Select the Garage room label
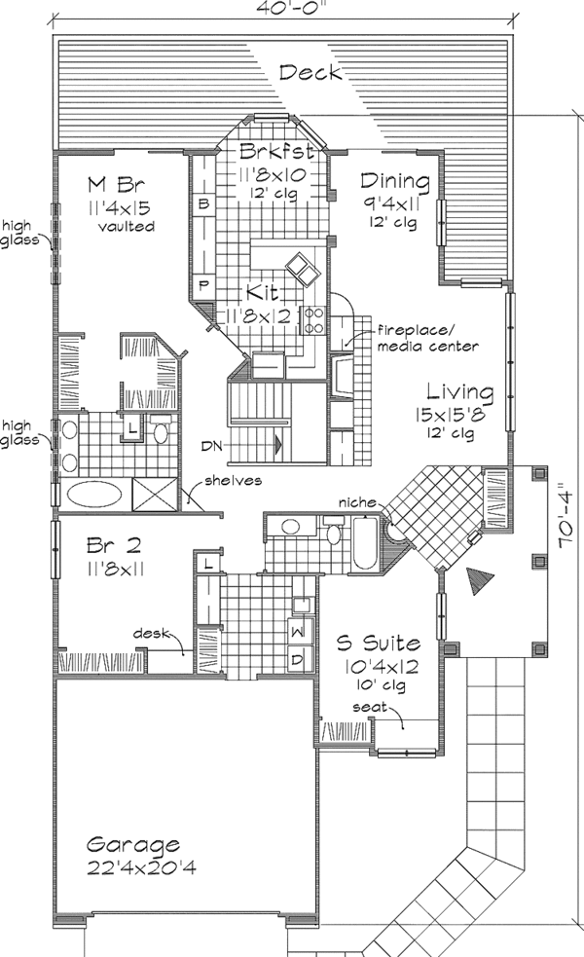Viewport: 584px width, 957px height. (131, 844)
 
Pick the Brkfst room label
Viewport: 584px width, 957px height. (276, 152)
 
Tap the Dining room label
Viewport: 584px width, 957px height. (394, 181)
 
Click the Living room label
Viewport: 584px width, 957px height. (456, 392)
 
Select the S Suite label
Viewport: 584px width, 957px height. (379, 643)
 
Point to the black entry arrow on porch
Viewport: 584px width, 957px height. (480, 581)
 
